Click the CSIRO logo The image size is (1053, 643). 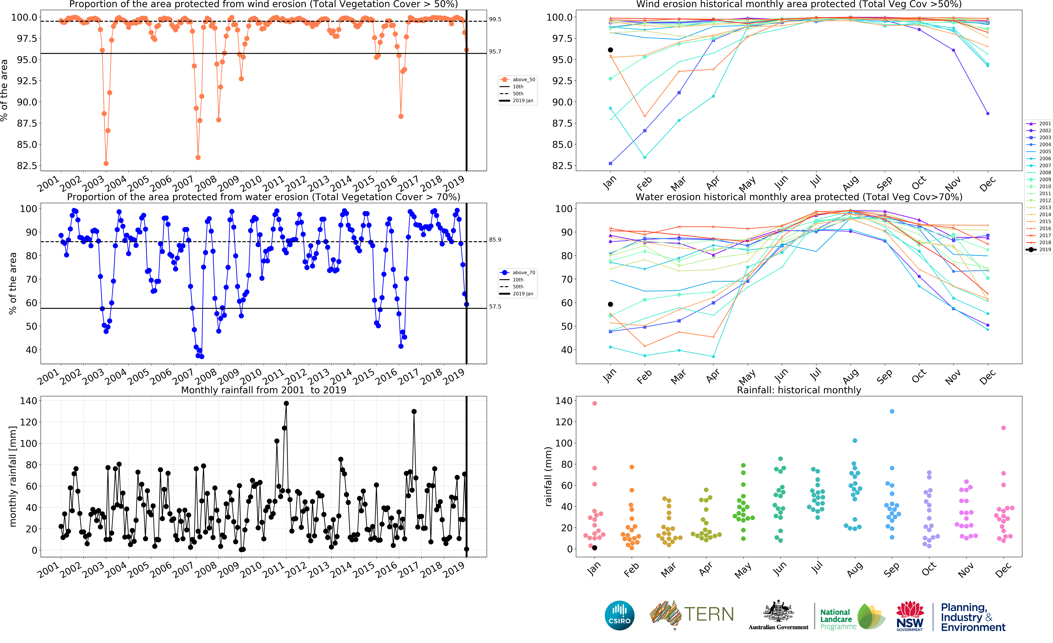point(619,615)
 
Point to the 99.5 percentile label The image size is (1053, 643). point(495,19)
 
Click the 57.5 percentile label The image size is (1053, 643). point(495,307)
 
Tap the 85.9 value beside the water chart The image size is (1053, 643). point(495,240)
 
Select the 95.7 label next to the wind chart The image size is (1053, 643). point(495,52)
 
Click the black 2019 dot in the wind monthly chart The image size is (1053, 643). point(610,50)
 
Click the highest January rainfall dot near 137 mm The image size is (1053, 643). point(594,403)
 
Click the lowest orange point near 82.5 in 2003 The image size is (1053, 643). point(106,164)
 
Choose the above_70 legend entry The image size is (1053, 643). point(518,272)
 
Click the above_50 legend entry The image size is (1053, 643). point(518,79)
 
